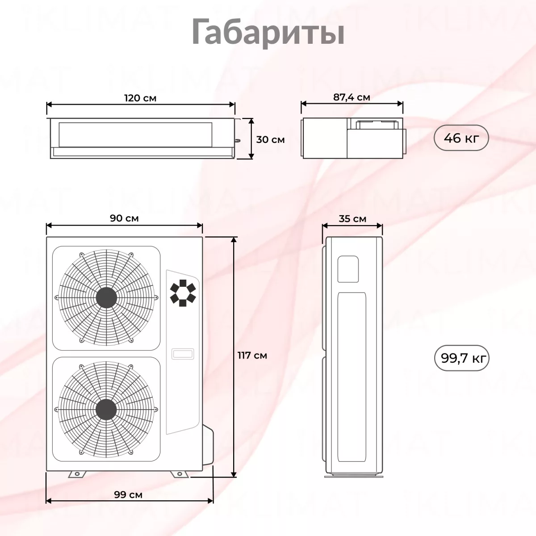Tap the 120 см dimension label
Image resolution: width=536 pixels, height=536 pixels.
(x=140, y=98)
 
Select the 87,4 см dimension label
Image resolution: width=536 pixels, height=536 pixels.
(x=352, y=97)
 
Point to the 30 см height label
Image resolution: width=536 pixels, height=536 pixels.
(x=270, y=140)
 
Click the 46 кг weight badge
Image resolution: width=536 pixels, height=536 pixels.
(x=461, y=138)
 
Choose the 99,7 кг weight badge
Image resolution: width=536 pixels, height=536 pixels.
(x=461, y=358)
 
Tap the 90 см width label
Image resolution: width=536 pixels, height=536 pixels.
(x=124, y=218)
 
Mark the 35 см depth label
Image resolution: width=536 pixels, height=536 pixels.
(x=352, y=219)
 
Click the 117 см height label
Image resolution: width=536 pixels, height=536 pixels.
(x=252, y=355)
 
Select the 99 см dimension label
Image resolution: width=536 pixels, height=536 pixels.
(x=128, y=494)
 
